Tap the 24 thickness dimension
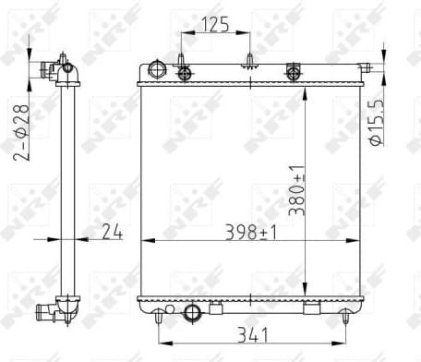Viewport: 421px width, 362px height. [114, 234]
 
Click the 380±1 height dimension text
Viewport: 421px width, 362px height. [295, 189]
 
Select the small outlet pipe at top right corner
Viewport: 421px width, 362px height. [366, 66]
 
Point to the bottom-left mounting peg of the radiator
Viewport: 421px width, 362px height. [159, 317]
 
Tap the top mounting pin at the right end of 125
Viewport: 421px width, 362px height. [250, 61]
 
